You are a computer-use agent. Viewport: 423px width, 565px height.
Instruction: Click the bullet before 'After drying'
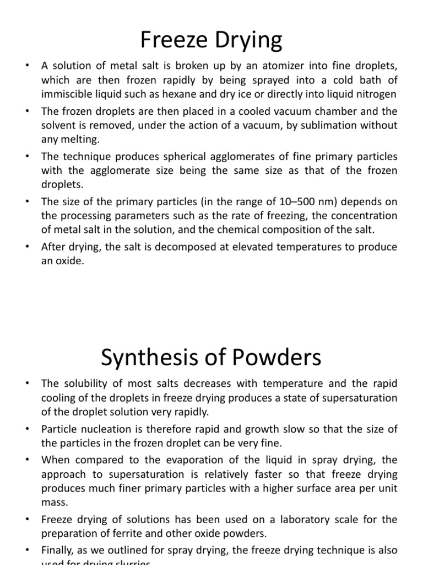pos(26,247)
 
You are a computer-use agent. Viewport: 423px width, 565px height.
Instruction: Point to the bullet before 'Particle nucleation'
pos(26,429)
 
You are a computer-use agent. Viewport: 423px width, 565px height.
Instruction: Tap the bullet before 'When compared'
pos(26,460)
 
